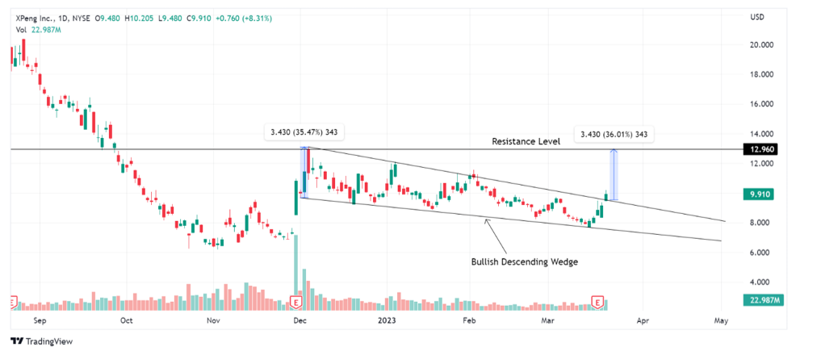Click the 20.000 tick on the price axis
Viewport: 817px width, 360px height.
[762, 45]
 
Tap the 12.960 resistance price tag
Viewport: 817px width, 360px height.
[762, 150]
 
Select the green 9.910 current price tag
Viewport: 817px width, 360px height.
[762, 195]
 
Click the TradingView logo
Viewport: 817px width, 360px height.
[40, 341]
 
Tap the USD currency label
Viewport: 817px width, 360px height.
[757, 17]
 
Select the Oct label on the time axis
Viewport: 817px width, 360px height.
[125, 320]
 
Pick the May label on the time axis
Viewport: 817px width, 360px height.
[721, 320]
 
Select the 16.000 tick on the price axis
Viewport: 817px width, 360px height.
[762, 104]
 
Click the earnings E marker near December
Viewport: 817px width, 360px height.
[295, 302]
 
